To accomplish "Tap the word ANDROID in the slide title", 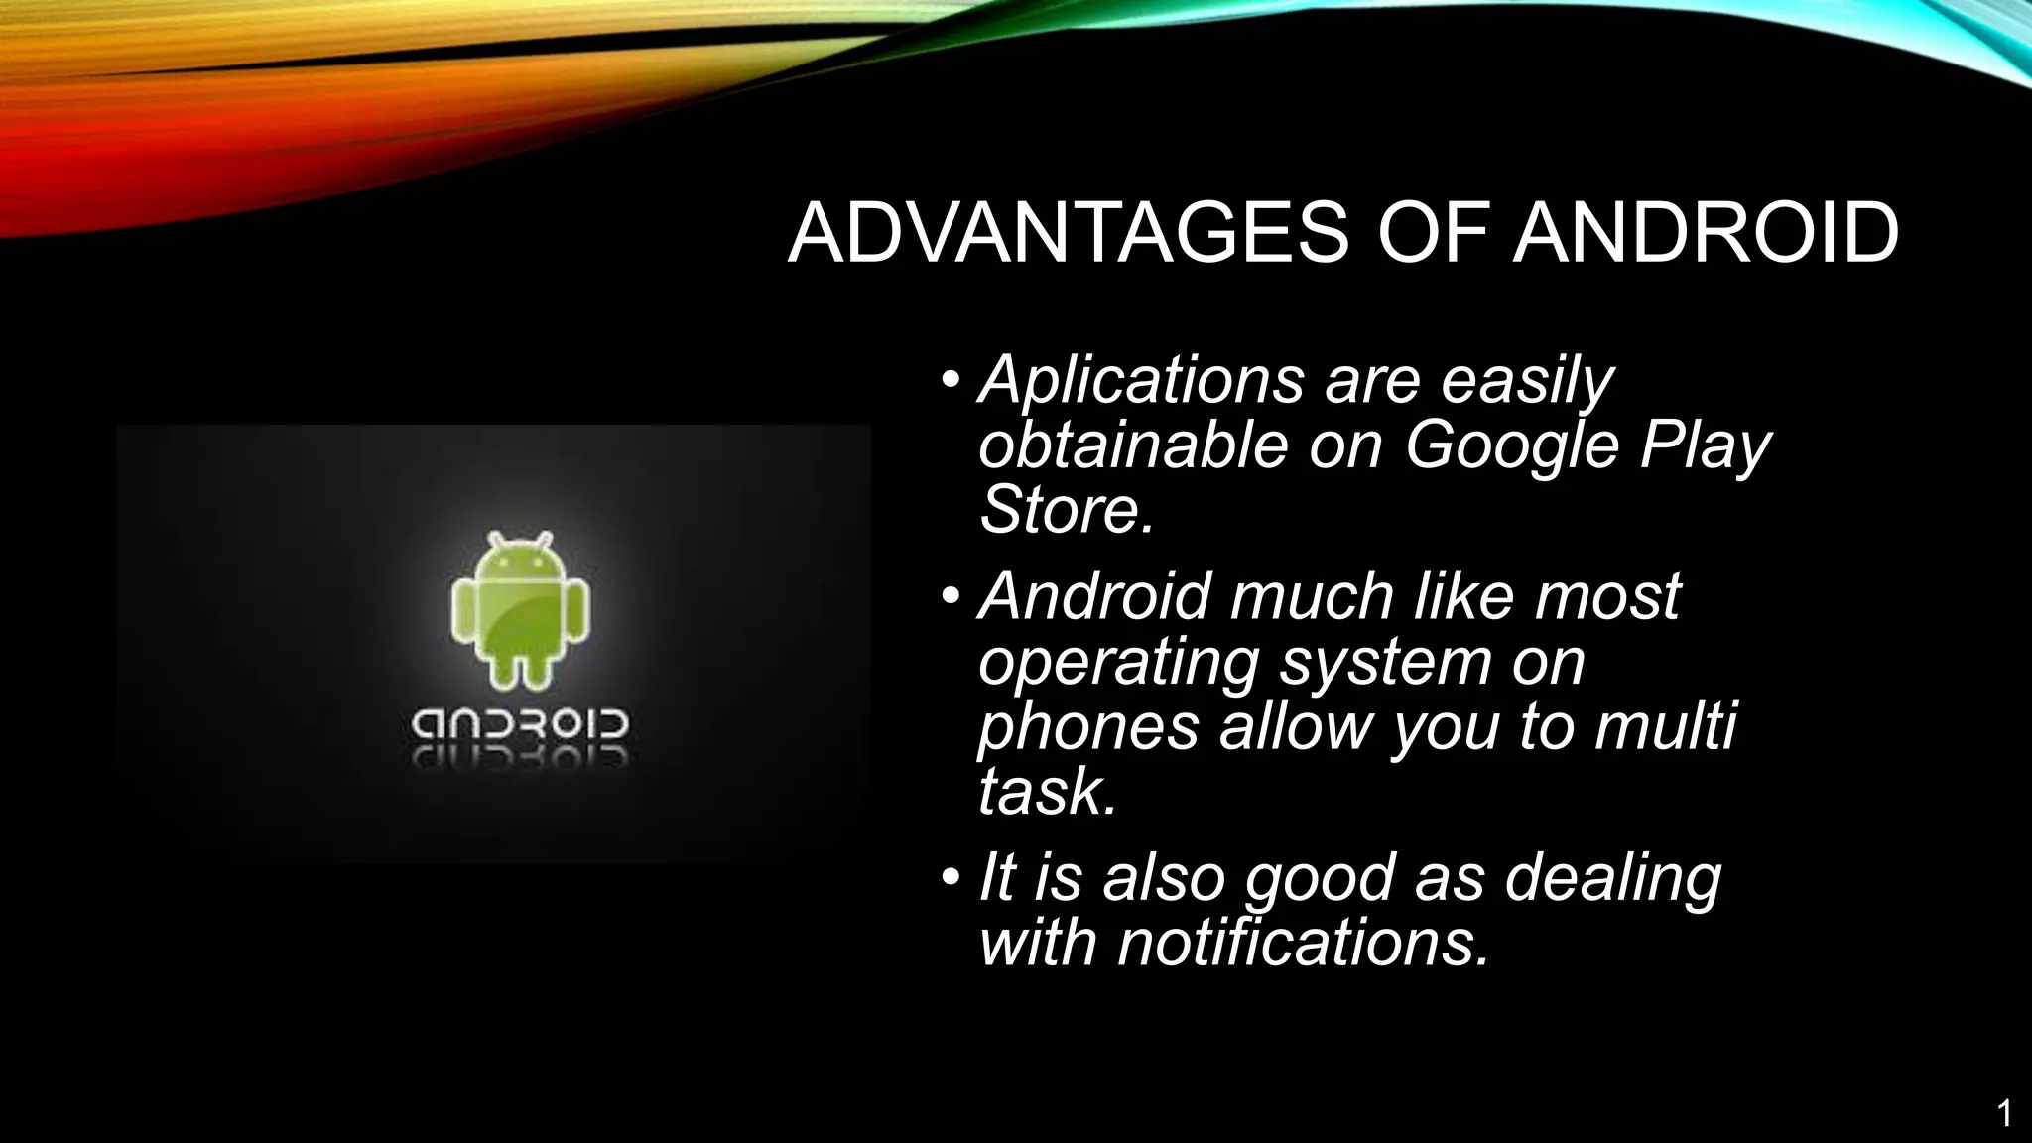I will pos(1705,234).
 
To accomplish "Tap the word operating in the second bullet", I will pos(1118,663).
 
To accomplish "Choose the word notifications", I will pos(1303,942).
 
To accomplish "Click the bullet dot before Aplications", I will pos(952,380).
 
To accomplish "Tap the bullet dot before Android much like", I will pos(952,596).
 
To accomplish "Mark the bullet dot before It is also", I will pos(952,877).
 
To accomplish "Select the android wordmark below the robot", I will pos(520,728).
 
